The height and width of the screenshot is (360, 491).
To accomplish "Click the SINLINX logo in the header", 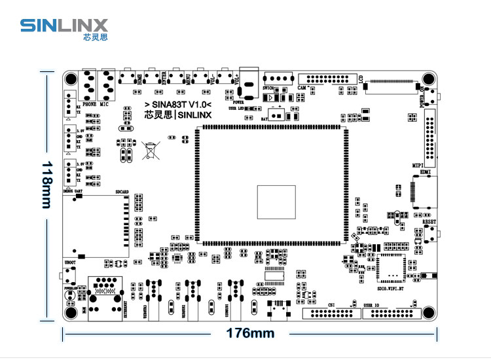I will coord(64,27).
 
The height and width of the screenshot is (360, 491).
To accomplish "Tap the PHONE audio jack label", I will coord(90,103).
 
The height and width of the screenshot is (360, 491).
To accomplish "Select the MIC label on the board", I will coord(105,103).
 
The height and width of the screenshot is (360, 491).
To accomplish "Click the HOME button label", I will coord(139,81).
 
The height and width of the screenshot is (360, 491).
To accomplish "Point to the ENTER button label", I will coord(164,81).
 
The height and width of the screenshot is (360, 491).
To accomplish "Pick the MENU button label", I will coord(189,81).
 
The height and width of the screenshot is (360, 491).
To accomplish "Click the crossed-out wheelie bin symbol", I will coord(151,151).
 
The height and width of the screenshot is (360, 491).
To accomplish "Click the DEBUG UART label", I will coord(73,190).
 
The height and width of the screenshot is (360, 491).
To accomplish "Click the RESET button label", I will coord(429,222).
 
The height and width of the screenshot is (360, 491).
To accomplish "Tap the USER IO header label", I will coord(371,305).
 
